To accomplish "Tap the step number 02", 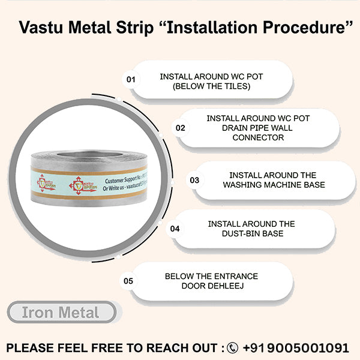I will tap(180, 128).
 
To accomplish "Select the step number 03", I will tap(194, 180).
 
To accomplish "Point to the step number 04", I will tap(175, 229).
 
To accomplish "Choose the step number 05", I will tap(128, 280).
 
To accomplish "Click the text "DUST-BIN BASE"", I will tap(251, 233).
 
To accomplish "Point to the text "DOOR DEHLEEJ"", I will tap(211, 286).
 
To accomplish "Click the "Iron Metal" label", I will tap(61, 313).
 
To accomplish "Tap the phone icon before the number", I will tap(232, 348).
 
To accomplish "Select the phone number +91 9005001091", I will tap(295, 348).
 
